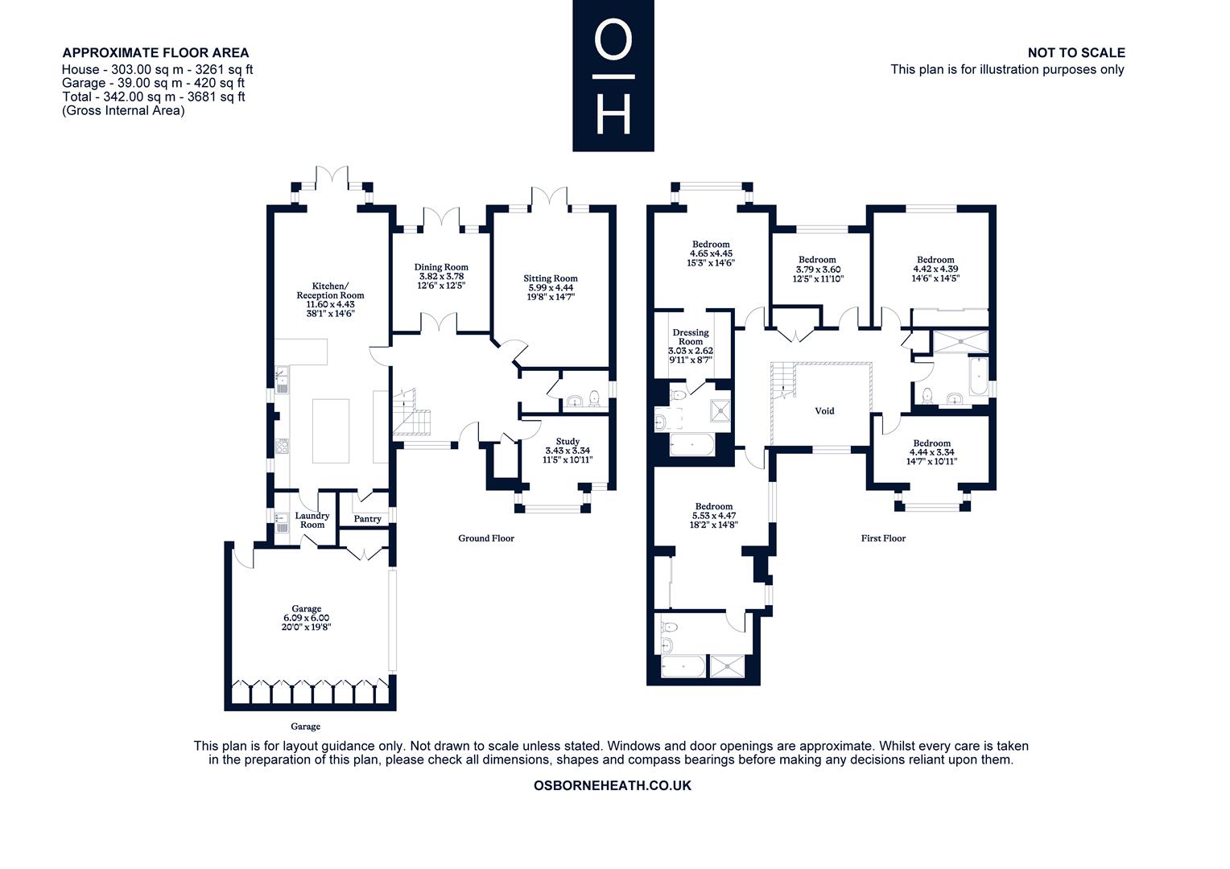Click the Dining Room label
point(441,267)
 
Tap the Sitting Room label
point(551,278)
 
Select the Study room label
point(568,442)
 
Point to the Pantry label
point(367,519)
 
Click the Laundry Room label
point(312,520)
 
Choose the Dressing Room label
point(690,337)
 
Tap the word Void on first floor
point(824,410)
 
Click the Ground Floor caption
point(486,538)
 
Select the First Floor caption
point(883,538)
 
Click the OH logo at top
point(613,76)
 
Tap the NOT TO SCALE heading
point(1076,52)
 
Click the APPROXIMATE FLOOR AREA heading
point(155,52)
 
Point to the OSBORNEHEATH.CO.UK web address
point(613,785)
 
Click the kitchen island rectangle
point(331,431)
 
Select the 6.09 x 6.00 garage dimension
point(307,618)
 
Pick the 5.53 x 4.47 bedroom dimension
point(714,516)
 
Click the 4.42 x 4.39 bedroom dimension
point(935,269)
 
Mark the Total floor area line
point(153,97)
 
